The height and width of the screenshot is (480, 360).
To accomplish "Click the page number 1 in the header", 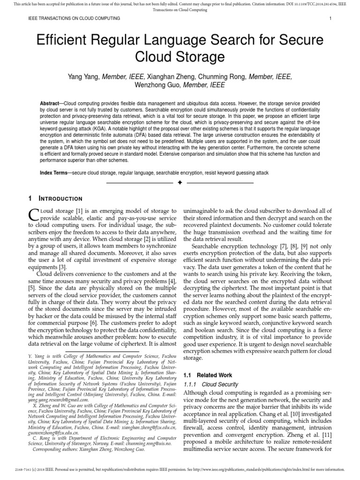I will coord(331,18).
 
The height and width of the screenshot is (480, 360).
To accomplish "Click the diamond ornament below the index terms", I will coord(180,182).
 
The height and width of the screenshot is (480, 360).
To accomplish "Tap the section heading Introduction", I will coord(60,199).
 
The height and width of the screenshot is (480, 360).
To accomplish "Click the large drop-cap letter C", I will coord(33,214).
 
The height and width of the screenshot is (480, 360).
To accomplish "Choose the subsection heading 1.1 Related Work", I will coord(207,375).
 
